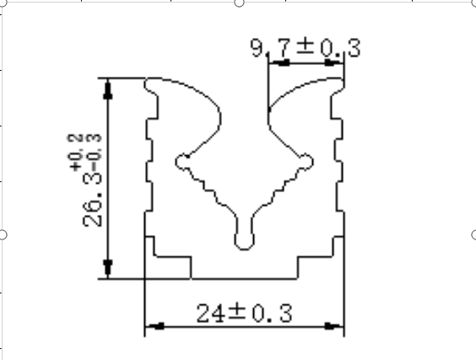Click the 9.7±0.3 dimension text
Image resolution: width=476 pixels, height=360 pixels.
pos(304,49)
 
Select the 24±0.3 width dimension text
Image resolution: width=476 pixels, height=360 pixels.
pos(244,314)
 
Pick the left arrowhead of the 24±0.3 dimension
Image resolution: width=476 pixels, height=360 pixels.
pos(153,326)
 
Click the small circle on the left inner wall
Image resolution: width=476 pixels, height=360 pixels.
pos(181,160)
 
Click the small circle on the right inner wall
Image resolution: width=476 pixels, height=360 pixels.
pos(306,160)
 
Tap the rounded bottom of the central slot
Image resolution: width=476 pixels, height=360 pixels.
pos(244,242)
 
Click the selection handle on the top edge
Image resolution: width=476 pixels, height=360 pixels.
pos(239,3)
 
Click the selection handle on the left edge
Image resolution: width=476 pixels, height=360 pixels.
pos(3,234)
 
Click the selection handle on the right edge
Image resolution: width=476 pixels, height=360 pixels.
pos(473,234)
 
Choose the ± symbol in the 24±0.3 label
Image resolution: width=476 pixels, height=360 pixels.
pos(237,314)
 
